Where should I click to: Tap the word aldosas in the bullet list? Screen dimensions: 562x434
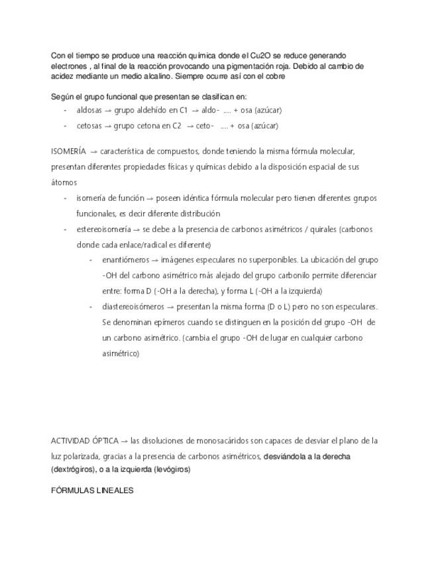click(89, 110)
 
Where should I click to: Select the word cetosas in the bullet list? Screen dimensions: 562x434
click(89, 125)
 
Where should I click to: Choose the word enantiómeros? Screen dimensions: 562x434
click(126, 260)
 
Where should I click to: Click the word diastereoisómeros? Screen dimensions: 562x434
click(134, 307)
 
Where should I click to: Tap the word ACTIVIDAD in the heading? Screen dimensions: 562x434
click(70, 441)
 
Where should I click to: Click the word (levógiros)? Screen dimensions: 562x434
click(172, 469)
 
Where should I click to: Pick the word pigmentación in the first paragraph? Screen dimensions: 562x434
click(276, 66)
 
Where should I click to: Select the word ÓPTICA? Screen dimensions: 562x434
click(105, 441)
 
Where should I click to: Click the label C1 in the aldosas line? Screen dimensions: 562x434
click(184, 110)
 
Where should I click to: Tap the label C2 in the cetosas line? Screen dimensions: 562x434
click(176, 125)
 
